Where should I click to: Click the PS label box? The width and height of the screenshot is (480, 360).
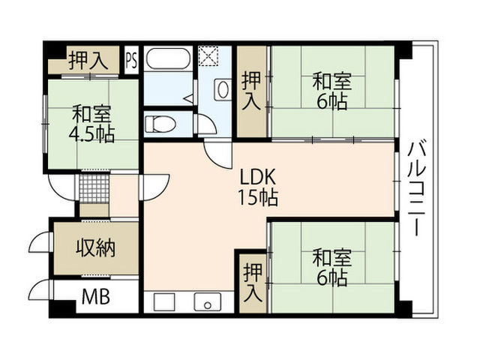[132, 60]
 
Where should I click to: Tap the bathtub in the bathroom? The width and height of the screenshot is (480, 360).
[168, 58]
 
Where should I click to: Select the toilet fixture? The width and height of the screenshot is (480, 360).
[160, 124]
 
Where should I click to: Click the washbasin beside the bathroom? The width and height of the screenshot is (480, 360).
[223, 89]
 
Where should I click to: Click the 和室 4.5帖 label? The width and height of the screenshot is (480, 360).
[91, 124]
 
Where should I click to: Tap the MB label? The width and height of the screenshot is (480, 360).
[96, 296]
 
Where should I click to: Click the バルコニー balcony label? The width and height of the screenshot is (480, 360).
[417, 187]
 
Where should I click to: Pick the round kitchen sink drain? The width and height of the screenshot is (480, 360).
[208, 305]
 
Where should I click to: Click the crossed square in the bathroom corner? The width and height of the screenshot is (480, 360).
[208, 55]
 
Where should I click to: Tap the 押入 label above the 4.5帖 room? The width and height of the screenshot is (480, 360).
[88, 60]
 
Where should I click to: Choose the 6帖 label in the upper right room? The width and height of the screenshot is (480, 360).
[331, 102]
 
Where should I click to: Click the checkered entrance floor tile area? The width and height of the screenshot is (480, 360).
[94, 189]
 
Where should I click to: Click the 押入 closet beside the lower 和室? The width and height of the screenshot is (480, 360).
[253, 283]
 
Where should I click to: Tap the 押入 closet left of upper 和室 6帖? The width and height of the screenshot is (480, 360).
[252, 91]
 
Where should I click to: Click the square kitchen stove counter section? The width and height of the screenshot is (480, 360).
[164, 302]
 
